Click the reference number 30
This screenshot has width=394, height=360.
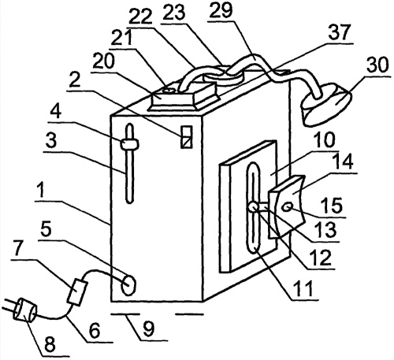pyautogui.click(x=377, y=65)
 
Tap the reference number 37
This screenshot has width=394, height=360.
pyautogui.click(x=340, y=32)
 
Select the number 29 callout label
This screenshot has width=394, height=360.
pyautogui.click(x=221, y=11)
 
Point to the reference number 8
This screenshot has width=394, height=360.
pyautogui.click(x=50, y=344)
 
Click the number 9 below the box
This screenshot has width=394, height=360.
pyautogui.click(x=149, y=328)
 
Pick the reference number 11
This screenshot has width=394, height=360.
pyautogui.click(x=303, y=288)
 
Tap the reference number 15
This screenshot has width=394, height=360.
pyautogui.click(x=333, y=205)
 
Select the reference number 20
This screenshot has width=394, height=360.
pyautogui.click(x=104, y=61)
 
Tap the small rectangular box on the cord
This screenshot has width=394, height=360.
pyautogui.click(x=77, y=292)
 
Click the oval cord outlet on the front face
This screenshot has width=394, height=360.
pyautogui.click(x=128, y=284)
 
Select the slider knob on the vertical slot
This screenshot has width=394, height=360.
pyautogui.click(x=129, y=143)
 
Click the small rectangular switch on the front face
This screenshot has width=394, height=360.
pyautogui.click(x=187, y=137)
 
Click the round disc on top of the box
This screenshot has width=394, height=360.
pyautogui.click(x=224, y=76)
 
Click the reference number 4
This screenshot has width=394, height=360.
pyautogui.click(x=55, y=112)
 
